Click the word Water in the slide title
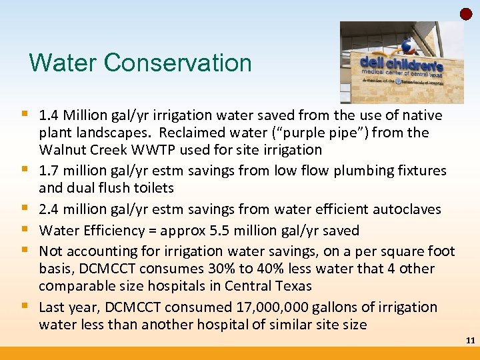pos(63,63)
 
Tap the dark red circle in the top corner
pos(467,14)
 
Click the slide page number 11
pos(470,341)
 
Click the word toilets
pos(151,188)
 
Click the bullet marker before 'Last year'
pos(25,307)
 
